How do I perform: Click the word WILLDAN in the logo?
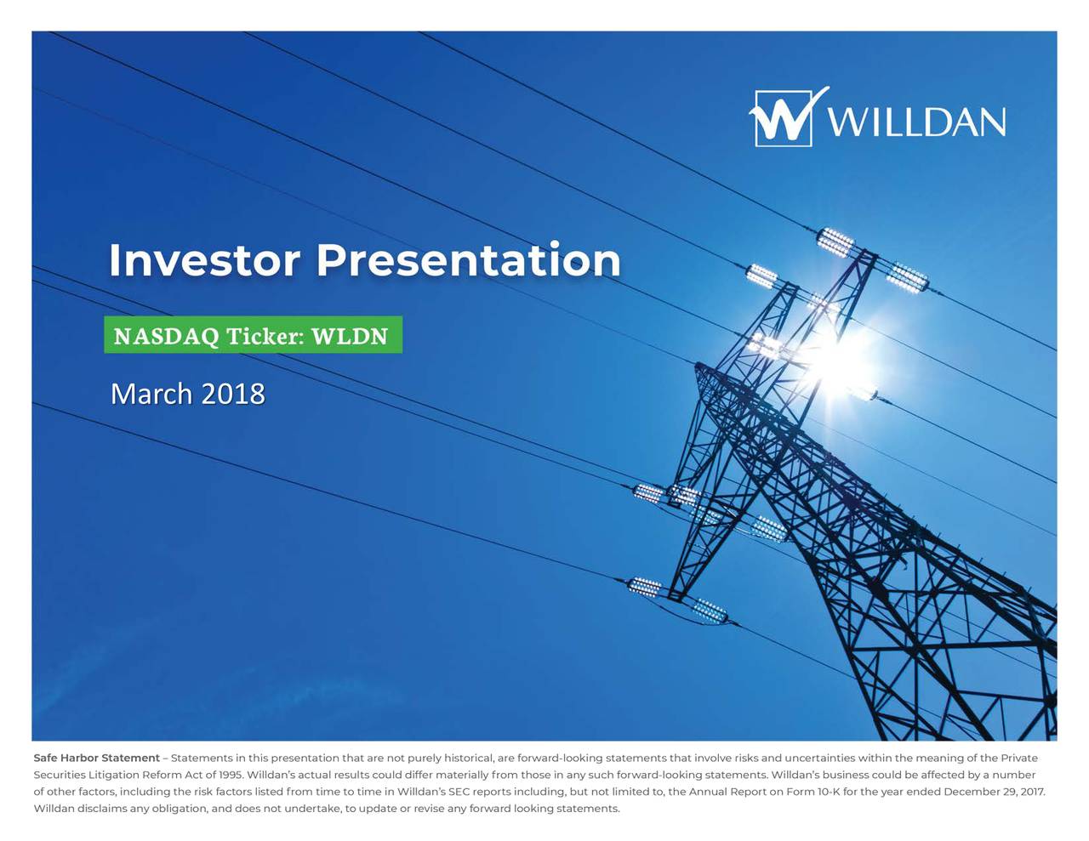click(916, 122)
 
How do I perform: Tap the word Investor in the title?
click(204, 260)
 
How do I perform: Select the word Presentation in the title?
click(469, 260)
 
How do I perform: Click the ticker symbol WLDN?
click(350, 337)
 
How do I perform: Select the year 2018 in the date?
click(233, 395)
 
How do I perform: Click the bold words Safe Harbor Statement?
click(96, 758)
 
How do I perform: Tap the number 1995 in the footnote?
click(230, 775)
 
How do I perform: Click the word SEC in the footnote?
click(459, 792)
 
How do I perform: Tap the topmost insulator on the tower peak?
click(835, 242)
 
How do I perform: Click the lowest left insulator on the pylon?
click(644, 586)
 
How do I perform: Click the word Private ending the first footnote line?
click(1019, 758)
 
